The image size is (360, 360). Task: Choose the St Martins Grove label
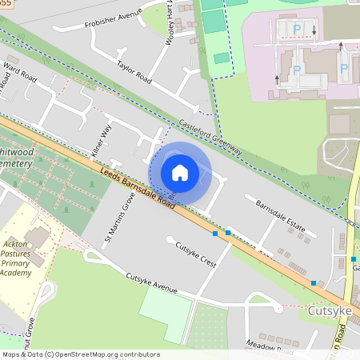pyautogui.click(x=118, y=217)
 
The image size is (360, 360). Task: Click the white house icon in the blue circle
pyautogui.click(x=180, y=172)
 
